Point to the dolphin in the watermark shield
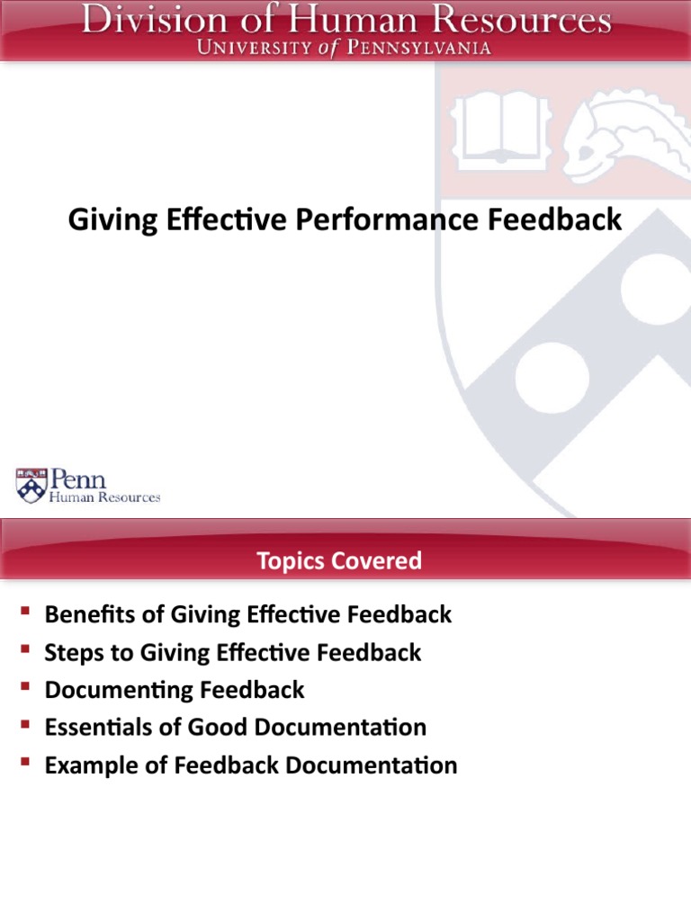(617, 135)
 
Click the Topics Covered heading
(339, 561)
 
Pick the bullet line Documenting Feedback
(175, 690)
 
